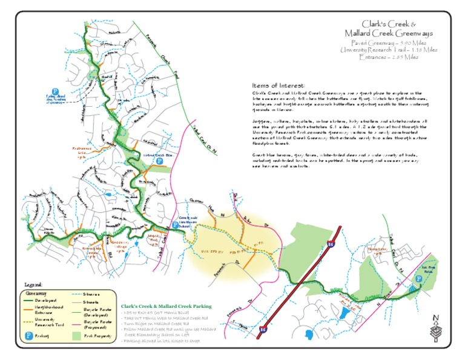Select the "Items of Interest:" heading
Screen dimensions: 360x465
[279, 86]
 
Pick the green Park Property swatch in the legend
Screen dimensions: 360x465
[76, 335]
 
